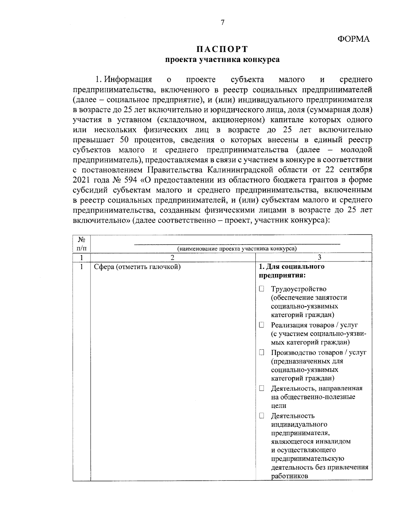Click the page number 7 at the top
coord(222,23)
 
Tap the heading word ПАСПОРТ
coord(222,49)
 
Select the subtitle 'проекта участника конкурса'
coord(222,60)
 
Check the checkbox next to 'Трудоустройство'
coord(261,289)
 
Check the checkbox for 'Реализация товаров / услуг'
coord(261,325)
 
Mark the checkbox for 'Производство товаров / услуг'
coord(261,353)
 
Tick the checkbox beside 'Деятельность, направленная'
coord(261,388)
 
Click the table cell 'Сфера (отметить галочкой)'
coord(137,267)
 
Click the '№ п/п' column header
coord(81,244)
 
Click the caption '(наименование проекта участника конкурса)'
coord(237,249)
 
